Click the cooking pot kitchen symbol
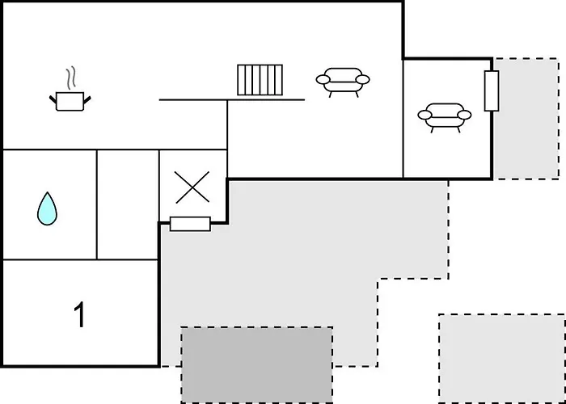click(70, 101)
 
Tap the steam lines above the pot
click(71, 78)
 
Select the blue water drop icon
click(47, 208)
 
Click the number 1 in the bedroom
click(79, 314)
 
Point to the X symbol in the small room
click(192, 187)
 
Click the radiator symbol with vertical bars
click(260, 80)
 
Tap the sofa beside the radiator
click(343, 82)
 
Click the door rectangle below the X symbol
click(190, 224)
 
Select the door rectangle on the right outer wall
click(492, 90)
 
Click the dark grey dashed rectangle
click(256, 364)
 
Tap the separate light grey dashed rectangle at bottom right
click(502, 359)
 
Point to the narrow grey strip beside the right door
click(526, 119)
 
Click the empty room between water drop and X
click(128, 204)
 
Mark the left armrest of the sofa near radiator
click(323, 79)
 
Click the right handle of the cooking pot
click(87, 99)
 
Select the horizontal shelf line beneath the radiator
click(232, 100)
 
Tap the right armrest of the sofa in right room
click(464, 115)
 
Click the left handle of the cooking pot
click(53, 99)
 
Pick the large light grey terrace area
click(303, 252)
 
